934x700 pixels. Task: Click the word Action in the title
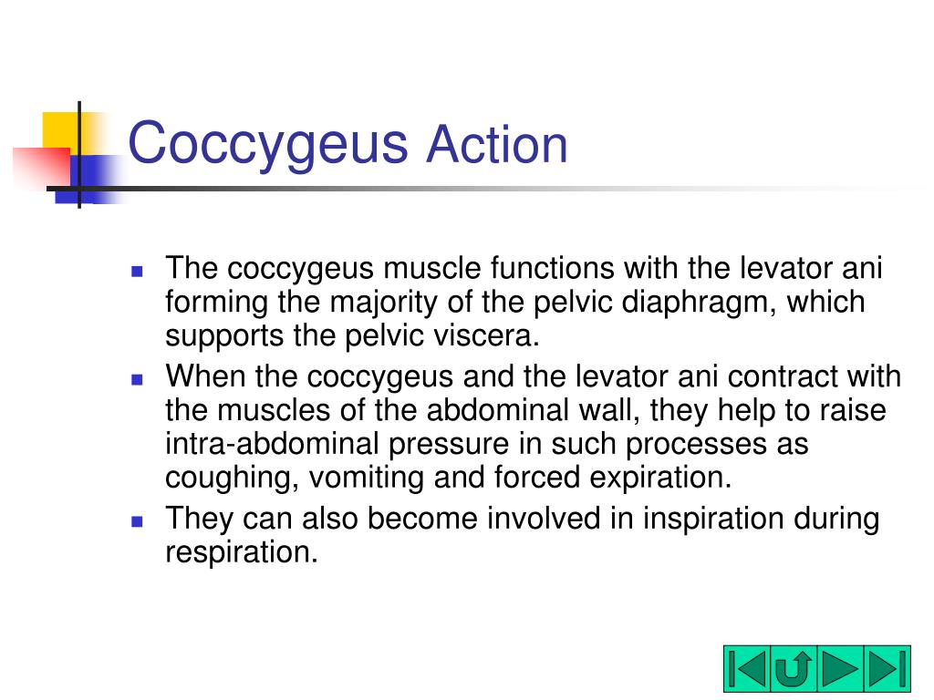(x=497, y=145)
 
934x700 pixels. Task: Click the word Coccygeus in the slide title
(x=268, y=145)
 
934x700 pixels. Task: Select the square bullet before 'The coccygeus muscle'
(x=138, y=272)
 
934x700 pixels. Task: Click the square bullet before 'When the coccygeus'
(x=138, y=378)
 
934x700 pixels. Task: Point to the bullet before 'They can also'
(x=138, y=521)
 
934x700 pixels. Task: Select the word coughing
(x=233, y=477)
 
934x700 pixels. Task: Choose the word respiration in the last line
(x=241, y=552)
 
